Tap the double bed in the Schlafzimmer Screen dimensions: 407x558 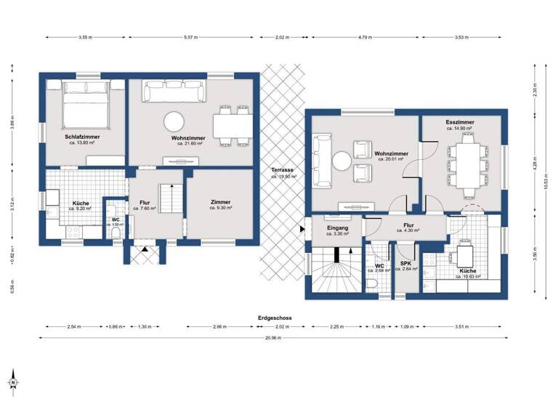pyautogui.click(x=86, y=105)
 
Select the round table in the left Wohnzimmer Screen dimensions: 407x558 pyautogui.click(x=174, y=121)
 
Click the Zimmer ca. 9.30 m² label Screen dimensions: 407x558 pyautogui.click(x=221, y=204)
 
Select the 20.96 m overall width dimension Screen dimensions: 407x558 pyautogui.click(x=273, y=338)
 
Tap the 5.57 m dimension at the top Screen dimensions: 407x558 pyautogui.click(x=193, y=36)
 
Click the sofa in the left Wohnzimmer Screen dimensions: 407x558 pyautogui.click(x=173, y=92)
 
